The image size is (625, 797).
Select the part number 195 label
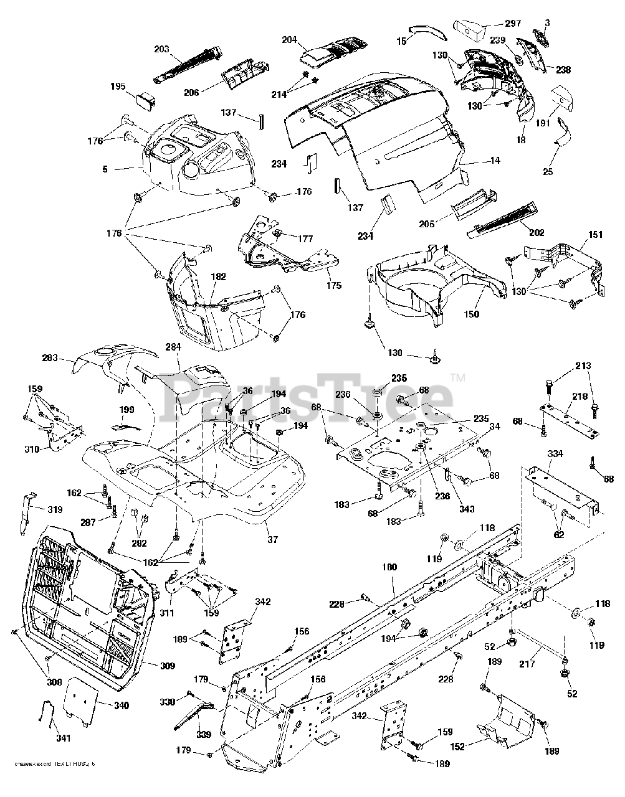pyautogui.click(x=118, y=87)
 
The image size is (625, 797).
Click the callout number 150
pyautogui.click(x=471, y=314)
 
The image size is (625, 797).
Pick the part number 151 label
pyautogui.click(x=595, y=234)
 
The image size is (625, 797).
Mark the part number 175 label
pyautogui.click(x=334, y=286)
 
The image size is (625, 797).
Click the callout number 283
pyautogui.click(x=50, y=358)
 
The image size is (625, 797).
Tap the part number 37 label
pyautogui.click(x=272, y=539)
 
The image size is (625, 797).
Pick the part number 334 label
pyautogui.click(x=555, y=454)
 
